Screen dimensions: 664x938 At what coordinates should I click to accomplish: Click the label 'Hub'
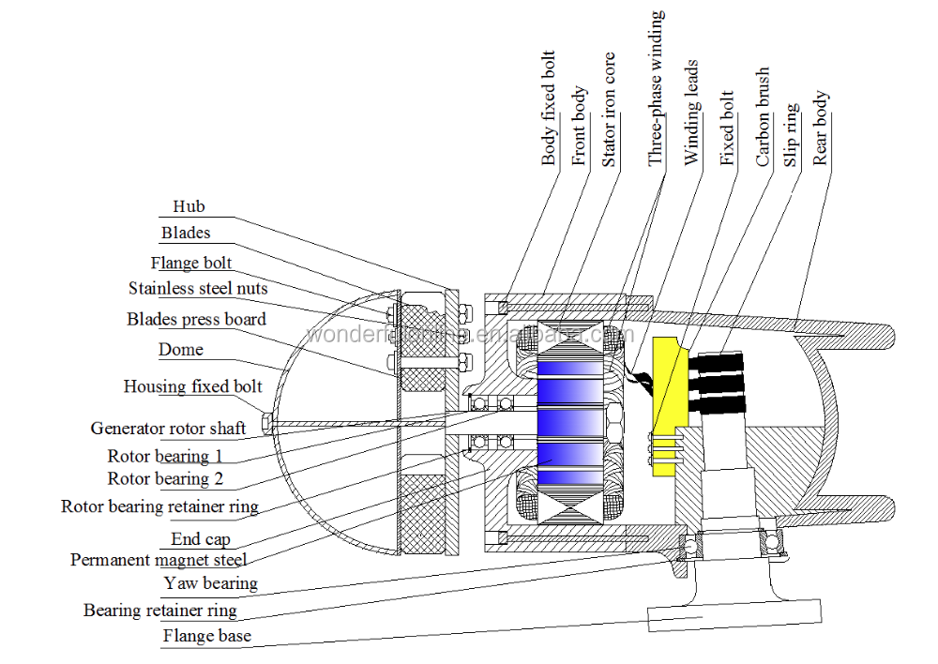pyautogui.click(x=189, y=206)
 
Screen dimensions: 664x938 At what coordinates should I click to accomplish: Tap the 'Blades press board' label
pyautogui.click(x=196, y=320)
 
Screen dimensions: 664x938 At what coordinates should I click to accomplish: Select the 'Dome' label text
pyautogui.click(x=181, y=350)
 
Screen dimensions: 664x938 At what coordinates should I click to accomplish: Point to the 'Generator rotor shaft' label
pyautogui.click(x=168, y=429)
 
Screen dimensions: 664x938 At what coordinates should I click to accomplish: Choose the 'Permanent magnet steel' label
pyautogui.click(x=159, y=560)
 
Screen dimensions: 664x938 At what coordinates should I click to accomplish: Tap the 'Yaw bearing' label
pyautogui.click(x=210, y=583)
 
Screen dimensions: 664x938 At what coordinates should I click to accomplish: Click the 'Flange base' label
pyautogui.click(x=206, y=636)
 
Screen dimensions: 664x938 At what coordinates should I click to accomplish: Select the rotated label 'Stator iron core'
pyautogui.click(x=610, y=111)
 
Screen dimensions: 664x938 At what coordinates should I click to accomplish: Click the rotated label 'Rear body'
pyautogui.click(x=821, y=128)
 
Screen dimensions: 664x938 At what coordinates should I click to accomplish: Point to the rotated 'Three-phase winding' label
pyautogui.click(x=657, y=89)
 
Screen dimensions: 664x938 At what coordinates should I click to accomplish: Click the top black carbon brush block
pyautogui.click(x=718, y=361)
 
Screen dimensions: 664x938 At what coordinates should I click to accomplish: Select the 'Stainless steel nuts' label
pyautogui.click(x=198, y=289)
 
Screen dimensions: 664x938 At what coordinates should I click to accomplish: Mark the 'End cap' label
pyautogui.click(x=201, y=539)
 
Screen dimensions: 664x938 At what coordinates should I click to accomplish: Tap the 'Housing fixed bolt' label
pyautogui.click(x=193, y=386)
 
